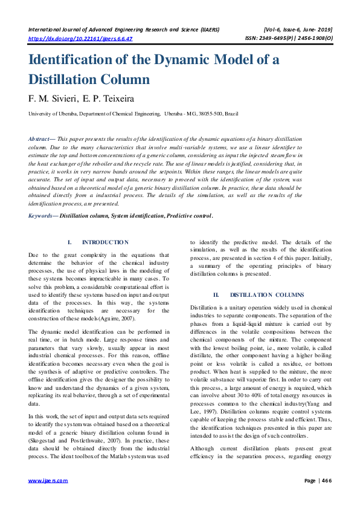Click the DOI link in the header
(x=81, y=38)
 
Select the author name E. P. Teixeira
(x=114, y=97)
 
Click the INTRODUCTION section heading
(x=105, y=242)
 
